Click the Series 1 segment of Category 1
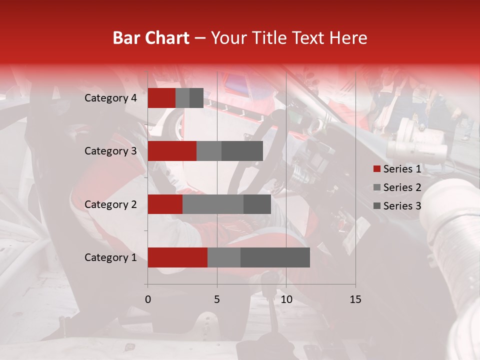(177, 257)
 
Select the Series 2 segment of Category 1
(224, 257)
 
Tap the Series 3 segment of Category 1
(275, 257)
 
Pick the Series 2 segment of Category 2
(213, 204)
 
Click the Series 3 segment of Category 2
(257, 204)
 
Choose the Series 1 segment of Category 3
(172, 151)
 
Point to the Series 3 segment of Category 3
(242, 151)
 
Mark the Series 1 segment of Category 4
(161, 98)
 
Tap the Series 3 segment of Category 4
(196, 98)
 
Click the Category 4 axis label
(110, 98)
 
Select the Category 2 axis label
(110, 204)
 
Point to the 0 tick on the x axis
(147, 299)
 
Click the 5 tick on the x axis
(217, 299)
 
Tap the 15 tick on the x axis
(355, 299)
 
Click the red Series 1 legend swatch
(377, 169)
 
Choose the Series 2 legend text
(402, 187)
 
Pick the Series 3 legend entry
(397, 205)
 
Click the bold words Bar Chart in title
(150, 38)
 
